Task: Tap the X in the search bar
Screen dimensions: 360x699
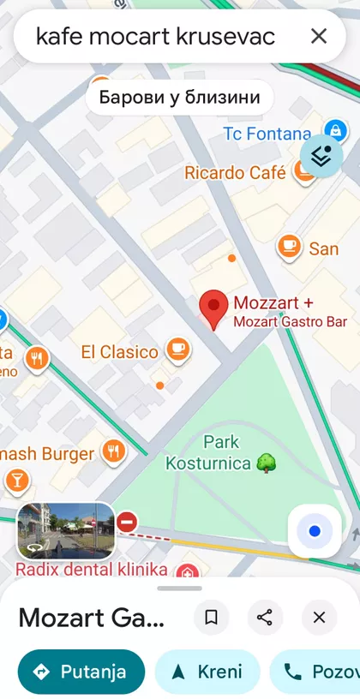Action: coord(319,36)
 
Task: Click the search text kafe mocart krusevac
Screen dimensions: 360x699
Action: coord(155,36)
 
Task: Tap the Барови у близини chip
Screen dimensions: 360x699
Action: coord(179,97)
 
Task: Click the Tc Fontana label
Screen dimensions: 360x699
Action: coord(267,134)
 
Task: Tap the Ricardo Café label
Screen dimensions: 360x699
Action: coord(235,173)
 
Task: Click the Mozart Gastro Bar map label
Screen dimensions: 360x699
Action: coord(291,322)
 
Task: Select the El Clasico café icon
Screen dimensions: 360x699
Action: coord(178,349)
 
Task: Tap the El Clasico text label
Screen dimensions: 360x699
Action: coord(120,351)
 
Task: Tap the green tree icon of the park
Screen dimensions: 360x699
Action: coord(267,463)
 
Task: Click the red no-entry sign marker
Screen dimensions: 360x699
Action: coord(128,521)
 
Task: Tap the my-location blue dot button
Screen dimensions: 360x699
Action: coord(315,532)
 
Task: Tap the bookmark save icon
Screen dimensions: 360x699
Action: coord(212,618)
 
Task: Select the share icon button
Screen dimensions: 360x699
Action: coord(265,618)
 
